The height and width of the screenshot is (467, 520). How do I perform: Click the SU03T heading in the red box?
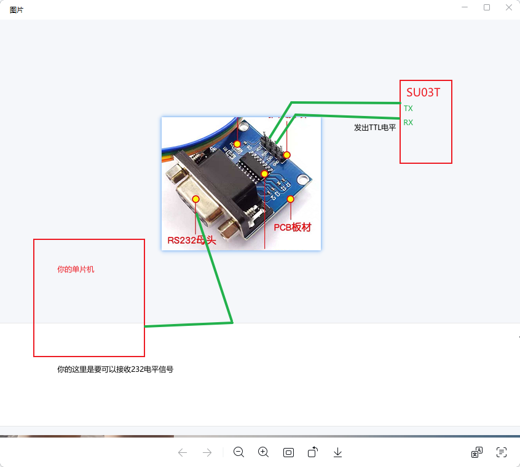(423, 93)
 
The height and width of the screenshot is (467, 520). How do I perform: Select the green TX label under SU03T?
(408, 108)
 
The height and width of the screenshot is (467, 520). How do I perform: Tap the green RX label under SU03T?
(408, 122)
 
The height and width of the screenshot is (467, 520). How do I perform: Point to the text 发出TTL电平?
(375, 128)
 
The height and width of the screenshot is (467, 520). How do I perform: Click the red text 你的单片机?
(76, 269)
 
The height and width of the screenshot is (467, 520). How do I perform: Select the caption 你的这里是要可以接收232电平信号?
(115, 369)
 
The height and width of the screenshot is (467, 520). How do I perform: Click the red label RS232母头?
(192, 240)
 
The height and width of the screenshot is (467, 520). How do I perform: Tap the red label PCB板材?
(293, 227)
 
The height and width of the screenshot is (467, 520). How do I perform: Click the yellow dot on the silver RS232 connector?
(195, 199)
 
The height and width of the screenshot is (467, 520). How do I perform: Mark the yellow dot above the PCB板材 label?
(291, 198)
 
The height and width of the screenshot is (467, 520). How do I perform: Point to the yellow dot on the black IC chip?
(264, 174)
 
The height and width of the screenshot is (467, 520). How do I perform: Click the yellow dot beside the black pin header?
(286, 155)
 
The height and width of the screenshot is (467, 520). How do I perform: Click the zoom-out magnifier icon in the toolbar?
(238, 452)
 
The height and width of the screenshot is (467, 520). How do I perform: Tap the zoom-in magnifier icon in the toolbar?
(264, 452)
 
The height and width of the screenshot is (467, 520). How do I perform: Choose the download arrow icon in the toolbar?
(337, 452)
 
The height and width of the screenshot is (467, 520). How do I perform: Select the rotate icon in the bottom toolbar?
(313, 452)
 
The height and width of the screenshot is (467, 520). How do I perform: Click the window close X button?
(508, 7)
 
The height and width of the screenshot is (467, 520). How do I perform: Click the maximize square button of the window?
(487, 7)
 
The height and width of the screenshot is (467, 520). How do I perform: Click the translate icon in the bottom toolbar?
(476, 452)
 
